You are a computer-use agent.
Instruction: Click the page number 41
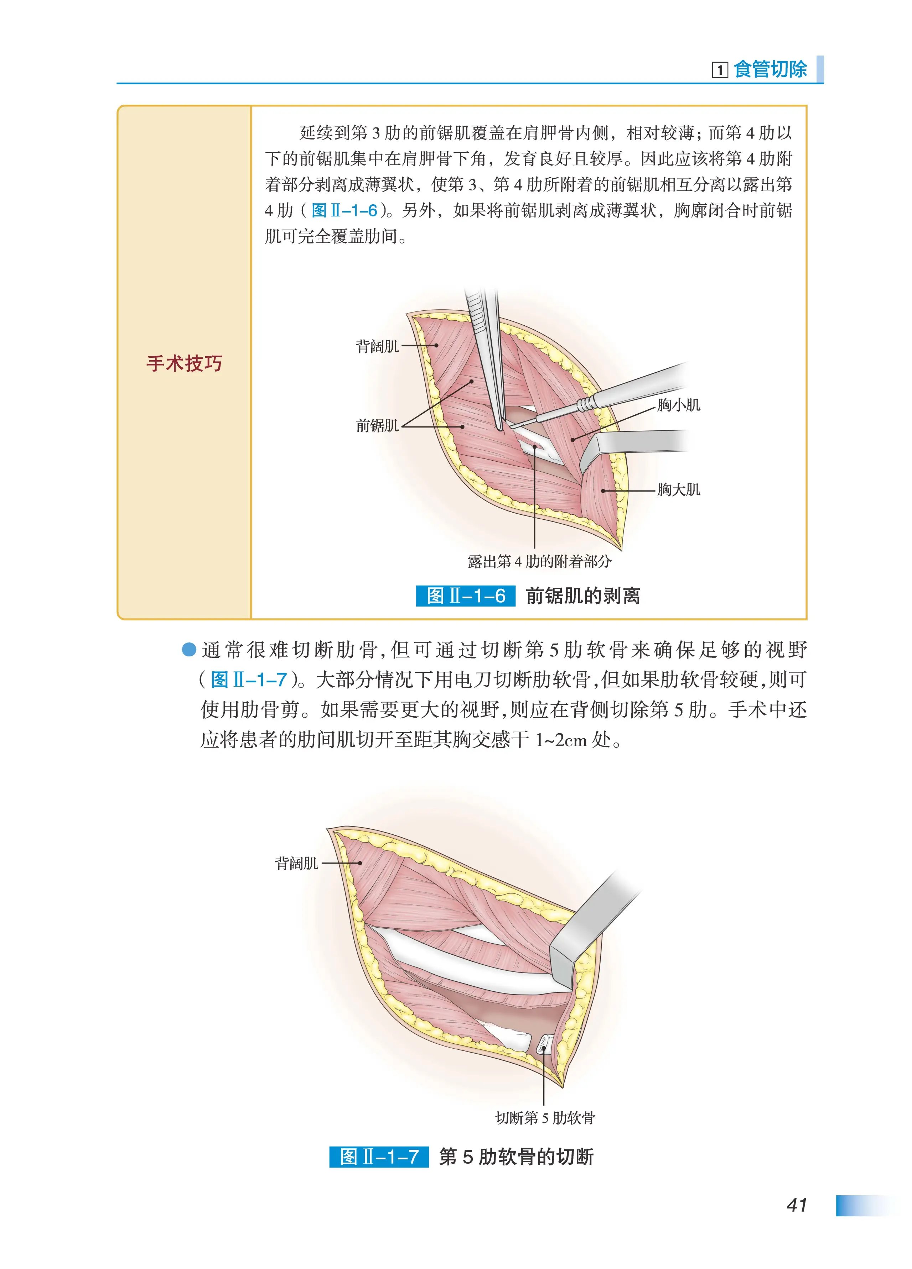pyautogui.click(x=796, y=1204)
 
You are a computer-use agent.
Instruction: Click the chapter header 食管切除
pyautogui.click(x=770, y=69)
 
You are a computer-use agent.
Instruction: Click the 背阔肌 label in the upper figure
pyautogui.click(x=377, y=346)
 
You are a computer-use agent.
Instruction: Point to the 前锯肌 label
pyautogui.click(x=377, y=426)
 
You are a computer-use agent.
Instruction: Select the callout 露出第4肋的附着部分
pyautogui.click(x=539, y=561)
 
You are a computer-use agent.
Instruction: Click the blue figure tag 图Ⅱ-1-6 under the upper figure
pyautogui.click(x=465, y=596)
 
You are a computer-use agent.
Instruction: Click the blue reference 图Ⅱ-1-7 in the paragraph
pyautogui.click(x=249, y=680)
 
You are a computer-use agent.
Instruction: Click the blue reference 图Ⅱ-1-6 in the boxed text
pyautogui.click(x=344, y=210)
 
